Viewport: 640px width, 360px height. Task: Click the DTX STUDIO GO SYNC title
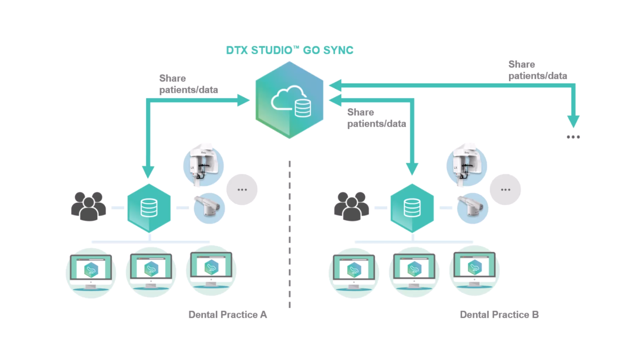[x=289, y=50]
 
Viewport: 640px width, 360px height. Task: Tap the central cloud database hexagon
[x=289, y=100]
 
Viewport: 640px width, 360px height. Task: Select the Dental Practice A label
[x=228, y=314]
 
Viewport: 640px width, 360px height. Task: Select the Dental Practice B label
[x=499, y=314]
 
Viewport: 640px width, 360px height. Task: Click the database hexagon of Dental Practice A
[x=149, y=208]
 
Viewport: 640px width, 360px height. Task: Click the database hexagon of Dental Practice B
[x=412, y=208]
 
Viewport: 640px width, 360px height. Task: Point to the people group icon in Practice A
[x=88, y=206]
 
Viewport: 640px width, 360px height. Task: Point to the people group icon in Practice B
[x=351, y=206]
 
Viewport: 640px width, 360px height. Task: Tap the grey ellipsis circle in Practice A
[x=242, y=189]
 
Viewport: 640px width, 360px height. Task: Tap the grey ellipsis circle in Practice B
[x=505, y=189]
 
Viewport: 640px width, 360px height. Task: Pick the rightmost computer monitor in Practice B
[x=474, y=269]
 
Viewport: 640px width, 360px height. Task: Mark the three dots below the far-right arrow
[x=573, y=137]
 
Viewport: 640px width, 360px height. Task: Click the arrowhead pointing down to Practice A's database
[x=148, y=171]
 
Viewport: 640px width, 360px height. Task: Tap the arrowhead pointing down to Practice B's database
[x=412, y=169]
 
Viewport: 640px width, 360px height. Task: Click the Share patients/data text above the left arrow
[x=188, y=84]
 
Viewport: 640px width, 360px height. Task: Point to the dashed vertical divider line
[x=290, y=233]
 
